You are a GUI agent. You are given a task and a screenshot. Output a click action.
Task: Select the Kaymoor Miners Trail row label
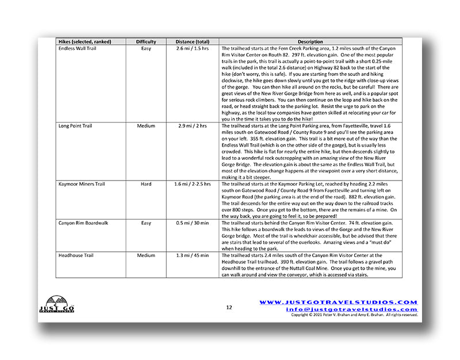82,184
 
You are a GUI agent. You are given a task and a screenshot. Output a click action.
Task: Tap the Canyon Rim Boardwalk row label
83,223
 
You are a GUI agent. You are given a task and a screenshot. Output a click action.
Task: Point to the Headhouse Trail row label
76,255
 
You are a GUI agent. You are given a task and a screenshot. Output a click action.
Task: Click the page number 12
229,307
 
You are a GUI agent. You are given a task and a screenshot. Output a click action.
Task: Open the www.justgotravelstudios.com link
338,302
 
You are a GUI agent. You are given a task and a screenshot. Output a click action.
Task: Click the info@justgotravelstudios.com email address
351,309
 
